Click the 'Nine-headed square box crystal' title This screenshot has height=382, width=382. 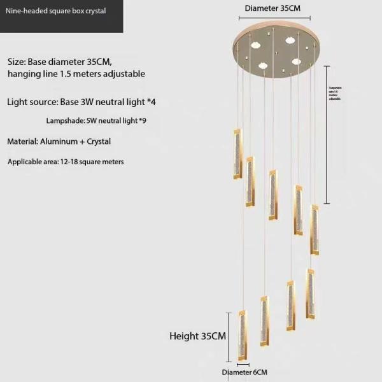tap(56, 11)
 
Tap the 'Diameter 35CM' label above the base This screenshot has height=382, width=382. tap(273, 8)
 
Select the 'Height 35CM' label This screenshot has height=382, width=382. tap(198, 336)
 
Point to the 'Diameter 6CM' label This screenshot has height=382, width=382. tap(244, 372)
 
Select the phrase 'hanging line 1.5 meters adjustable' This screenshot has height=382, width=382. tap(76, 74)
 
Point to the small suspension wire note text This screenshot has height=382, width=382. tap(335, 94)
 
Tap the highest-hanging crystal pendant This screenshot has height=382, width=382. tap(237, 153)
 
